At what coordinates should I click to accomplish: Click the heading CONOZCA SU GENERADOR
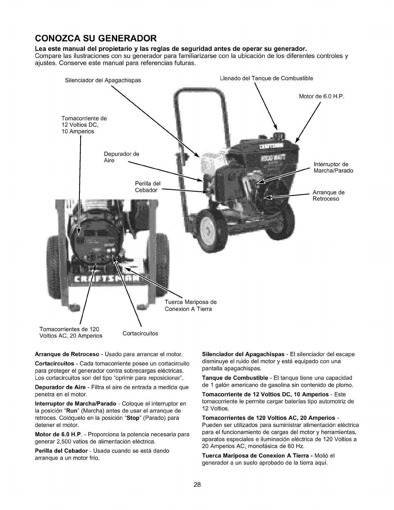(96, 39)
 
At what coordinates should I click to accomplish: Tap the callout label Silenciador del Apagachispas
(103, 80)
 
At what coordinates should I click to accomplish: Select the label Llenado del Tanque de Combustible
(266, 78)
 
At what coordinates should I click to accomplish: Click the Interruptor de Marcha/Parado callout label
(333, 167)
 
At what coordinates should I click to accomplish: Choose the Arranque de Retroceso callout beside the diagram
(328, 196)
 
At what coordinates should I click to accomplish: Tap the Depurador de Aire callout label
(121, 157)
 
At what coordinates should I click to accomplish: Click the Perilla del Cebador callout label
(147, 187)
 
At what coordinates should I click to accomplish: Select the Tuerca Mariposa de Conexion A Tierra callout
(191, 306)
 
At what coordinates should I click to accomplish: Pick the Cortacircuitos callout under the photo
(140, 334)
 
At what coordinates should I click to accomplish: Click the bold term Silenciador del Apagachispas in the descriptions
(243, 354)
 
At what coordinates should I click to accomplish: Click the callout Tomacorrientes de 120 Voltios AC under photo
(70, 333)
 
